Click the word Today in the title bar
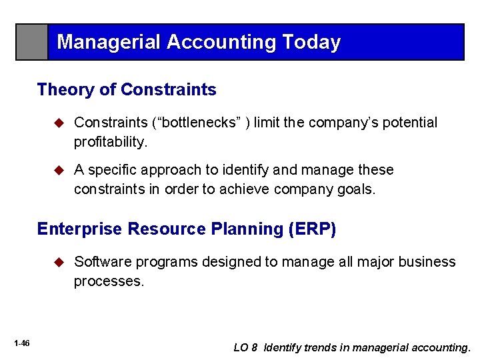click(311, 43)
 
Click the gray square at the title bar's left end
click(32, 42)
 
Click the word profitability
click(109, 142)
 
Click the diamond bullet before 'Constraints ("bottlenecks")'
click(59, 123)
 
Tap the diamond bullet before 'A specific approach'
click(59, 170)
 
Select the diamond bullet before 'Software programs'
click(59, 262)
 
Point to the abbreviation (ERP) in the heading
click(313, 229)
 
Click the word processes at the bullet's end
click(109, 281)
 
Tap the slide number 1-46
click(21, 343)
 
